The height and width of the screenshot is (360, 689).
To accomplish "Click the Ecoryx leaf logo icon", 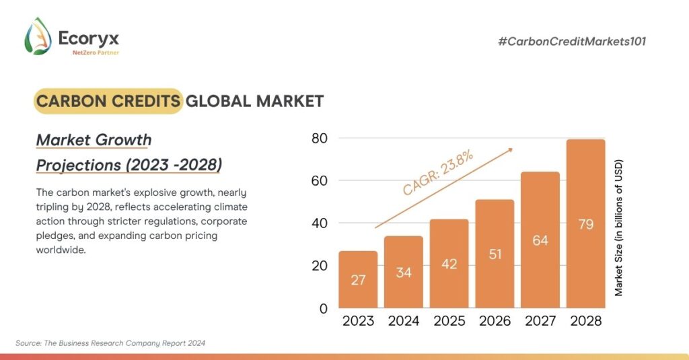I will (38, 36).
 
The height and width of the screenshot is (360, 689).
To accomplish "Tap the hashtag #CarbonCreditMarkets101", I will (572, 42).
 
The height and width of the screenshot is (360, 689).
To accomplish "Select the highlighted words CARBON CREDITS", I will (108, 101).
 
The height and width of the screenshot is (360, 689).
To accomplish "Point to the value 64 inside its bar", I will (540, 240).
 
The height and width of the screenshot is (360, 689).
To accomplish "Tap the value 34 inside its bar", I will (404, 273).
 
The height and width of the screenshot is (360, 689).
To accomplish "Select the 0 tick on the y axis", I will (323, 308).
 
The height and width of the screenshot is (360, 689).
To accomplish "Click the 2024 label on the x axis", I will (404, 321).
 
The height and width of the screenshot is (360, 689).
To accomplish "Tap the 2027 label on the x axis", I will (540, 321).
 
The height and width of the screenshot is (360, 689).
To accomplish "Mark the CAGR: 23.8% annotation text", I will (438, 173).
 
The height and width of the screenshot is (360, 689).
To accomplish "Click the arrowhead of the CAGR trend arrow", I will (511, 149).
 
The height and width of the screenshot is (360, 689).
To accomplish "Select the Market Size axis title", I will (619, 227).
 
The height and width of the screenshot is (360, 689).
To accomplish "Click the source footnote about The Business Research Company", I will (110, 343).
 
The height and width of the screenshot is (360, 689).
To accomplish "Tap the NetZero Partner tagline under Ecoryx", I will (95, 52).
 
